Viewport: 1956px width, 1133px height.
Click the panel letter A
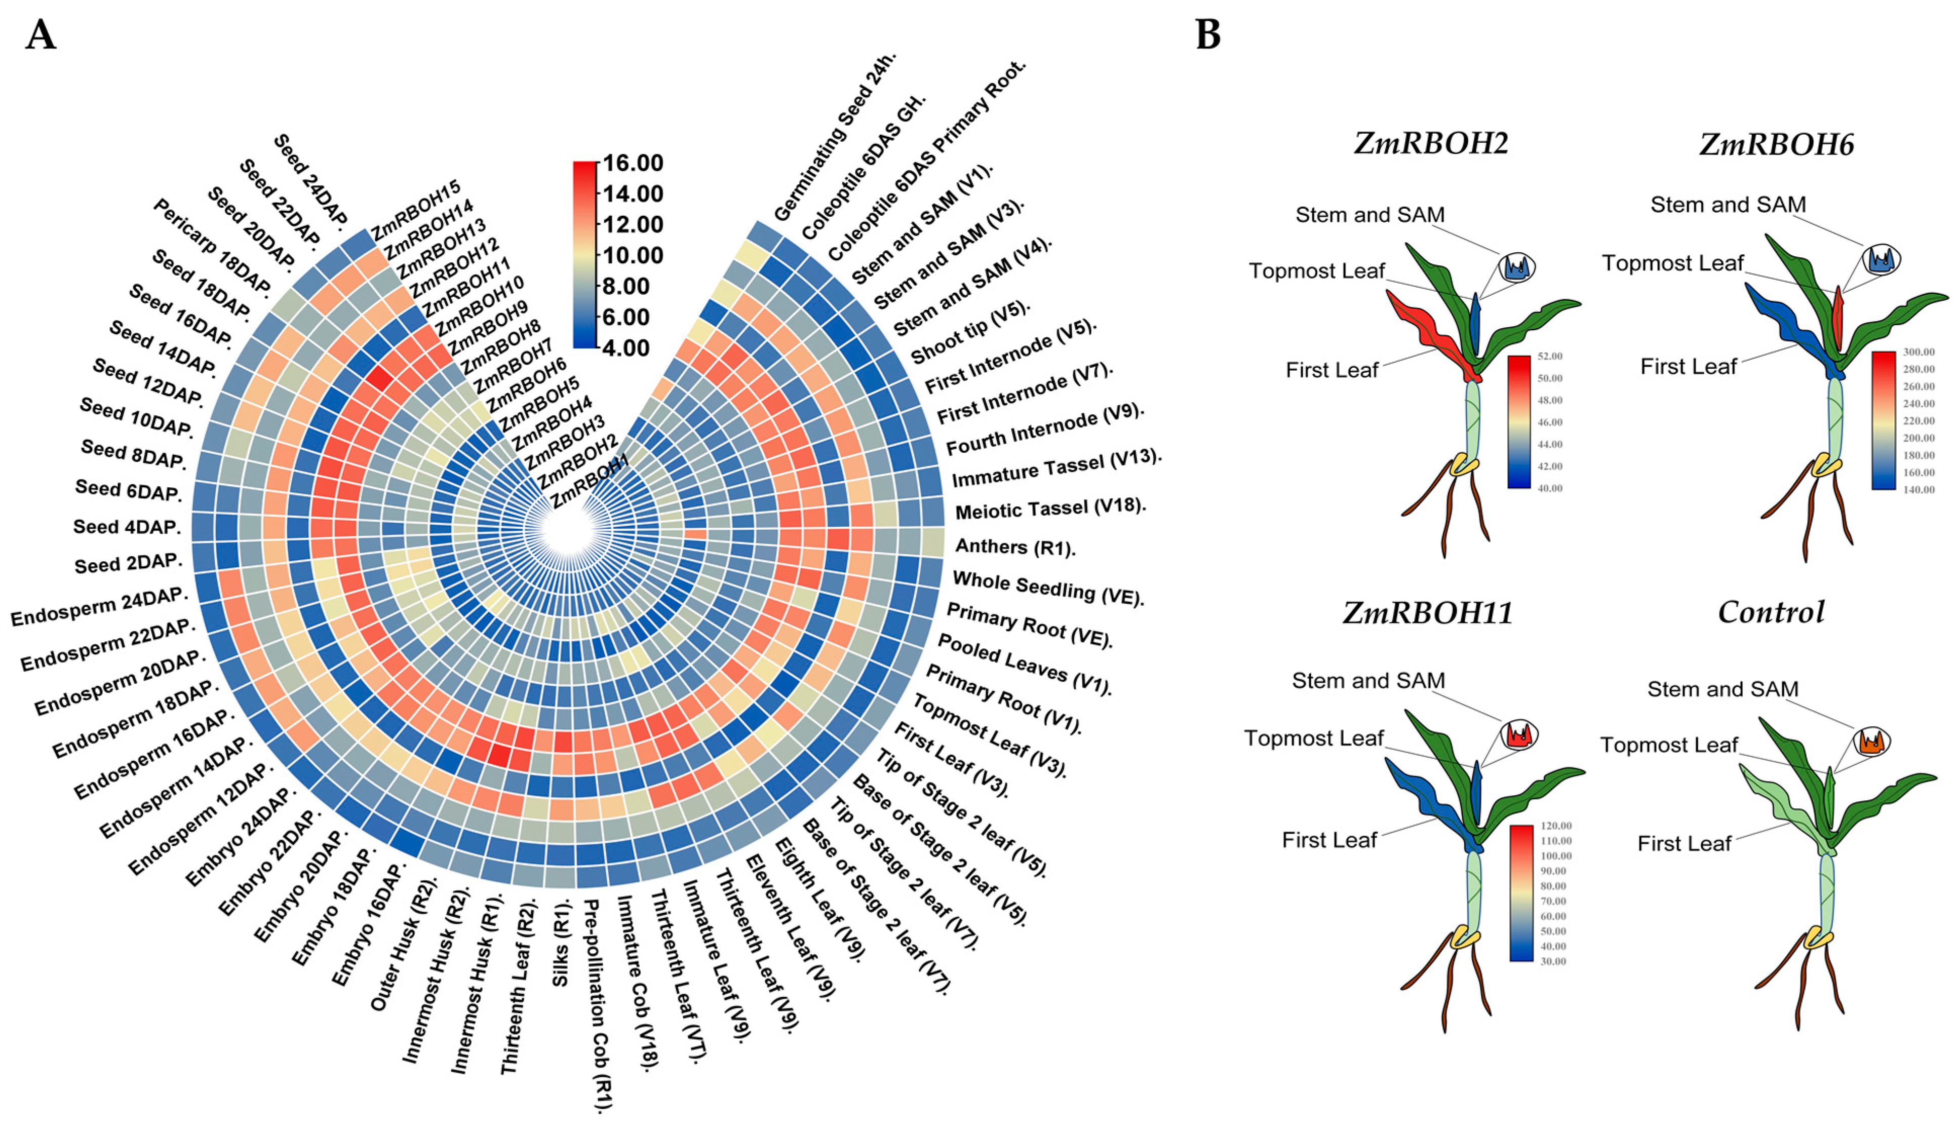coord(41,35)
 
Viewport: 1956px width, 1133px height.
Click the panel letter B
coord(1208,35)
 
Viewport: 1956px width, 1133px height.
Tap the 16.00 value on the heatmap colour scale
coord(633,163)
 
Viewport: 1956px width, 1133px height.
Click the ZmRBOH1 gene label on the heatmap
coord(590,481)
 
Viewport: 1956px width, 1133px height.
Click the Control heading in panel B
coord(1771,612)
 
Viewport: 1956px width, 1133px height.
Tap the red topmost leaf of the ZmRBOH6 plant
coord(1837,318)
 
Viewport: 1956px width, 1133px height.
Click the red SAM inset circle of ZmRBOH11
coord(1518,734)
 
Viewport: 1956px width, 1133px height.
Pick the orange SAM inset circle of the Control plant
coord(1872,742)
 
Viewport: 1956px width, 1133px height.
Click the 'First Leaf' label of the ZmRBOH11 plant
coord(1329,840)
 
